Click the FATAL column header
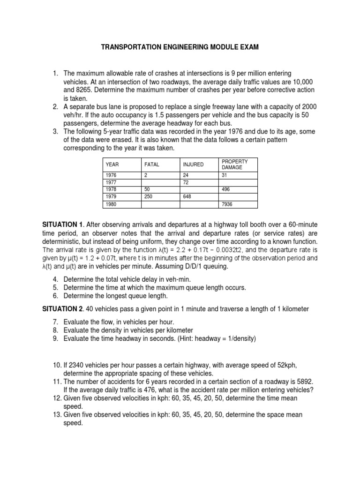[x=151, y=165]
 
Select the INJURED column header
[x=193, y=165]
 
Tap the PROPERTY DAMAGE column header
[x=234, y=164]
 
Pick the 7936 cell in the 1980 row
[x=227, y=204]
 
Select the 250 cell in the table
[x=148, y=197]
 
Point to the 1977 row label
[x=111, y=182]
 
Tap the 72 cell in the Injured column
[x=186, y=182]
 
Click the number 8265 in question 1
[x=84, y=90]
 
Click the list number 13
[x=56, y=415]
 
